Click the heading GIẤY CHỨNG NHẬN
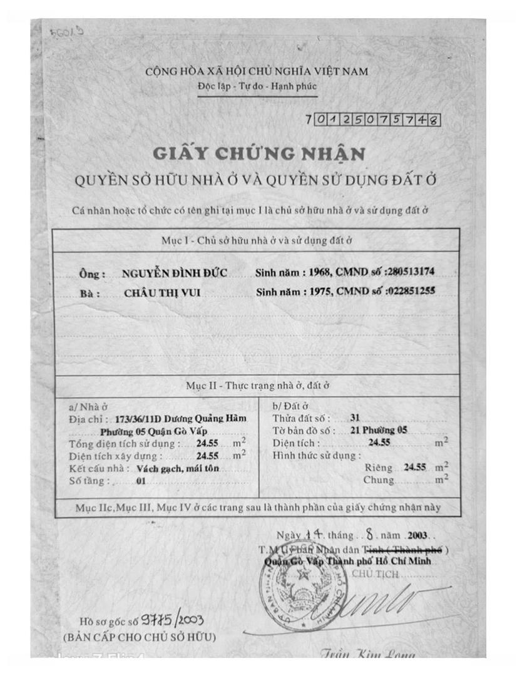pos(257,153)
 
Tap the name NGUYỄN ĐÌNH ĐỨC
pos(175,273)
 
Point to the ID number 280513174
pos(411,272)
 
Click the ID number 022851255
pos(411,290)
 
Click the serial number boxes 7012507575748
pos(372,120)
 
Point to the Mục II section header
pos(257,386)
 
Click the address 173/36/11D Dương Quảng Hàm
pos(177,419)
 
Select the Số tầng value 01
pos(140,481)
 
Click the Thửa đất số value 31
pos(355,418)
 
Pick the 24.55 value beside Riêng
pos(415,468)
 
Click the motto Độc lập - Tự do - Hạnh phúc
pos(257,85)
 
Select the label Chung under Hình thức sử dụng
pos(379,480)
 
